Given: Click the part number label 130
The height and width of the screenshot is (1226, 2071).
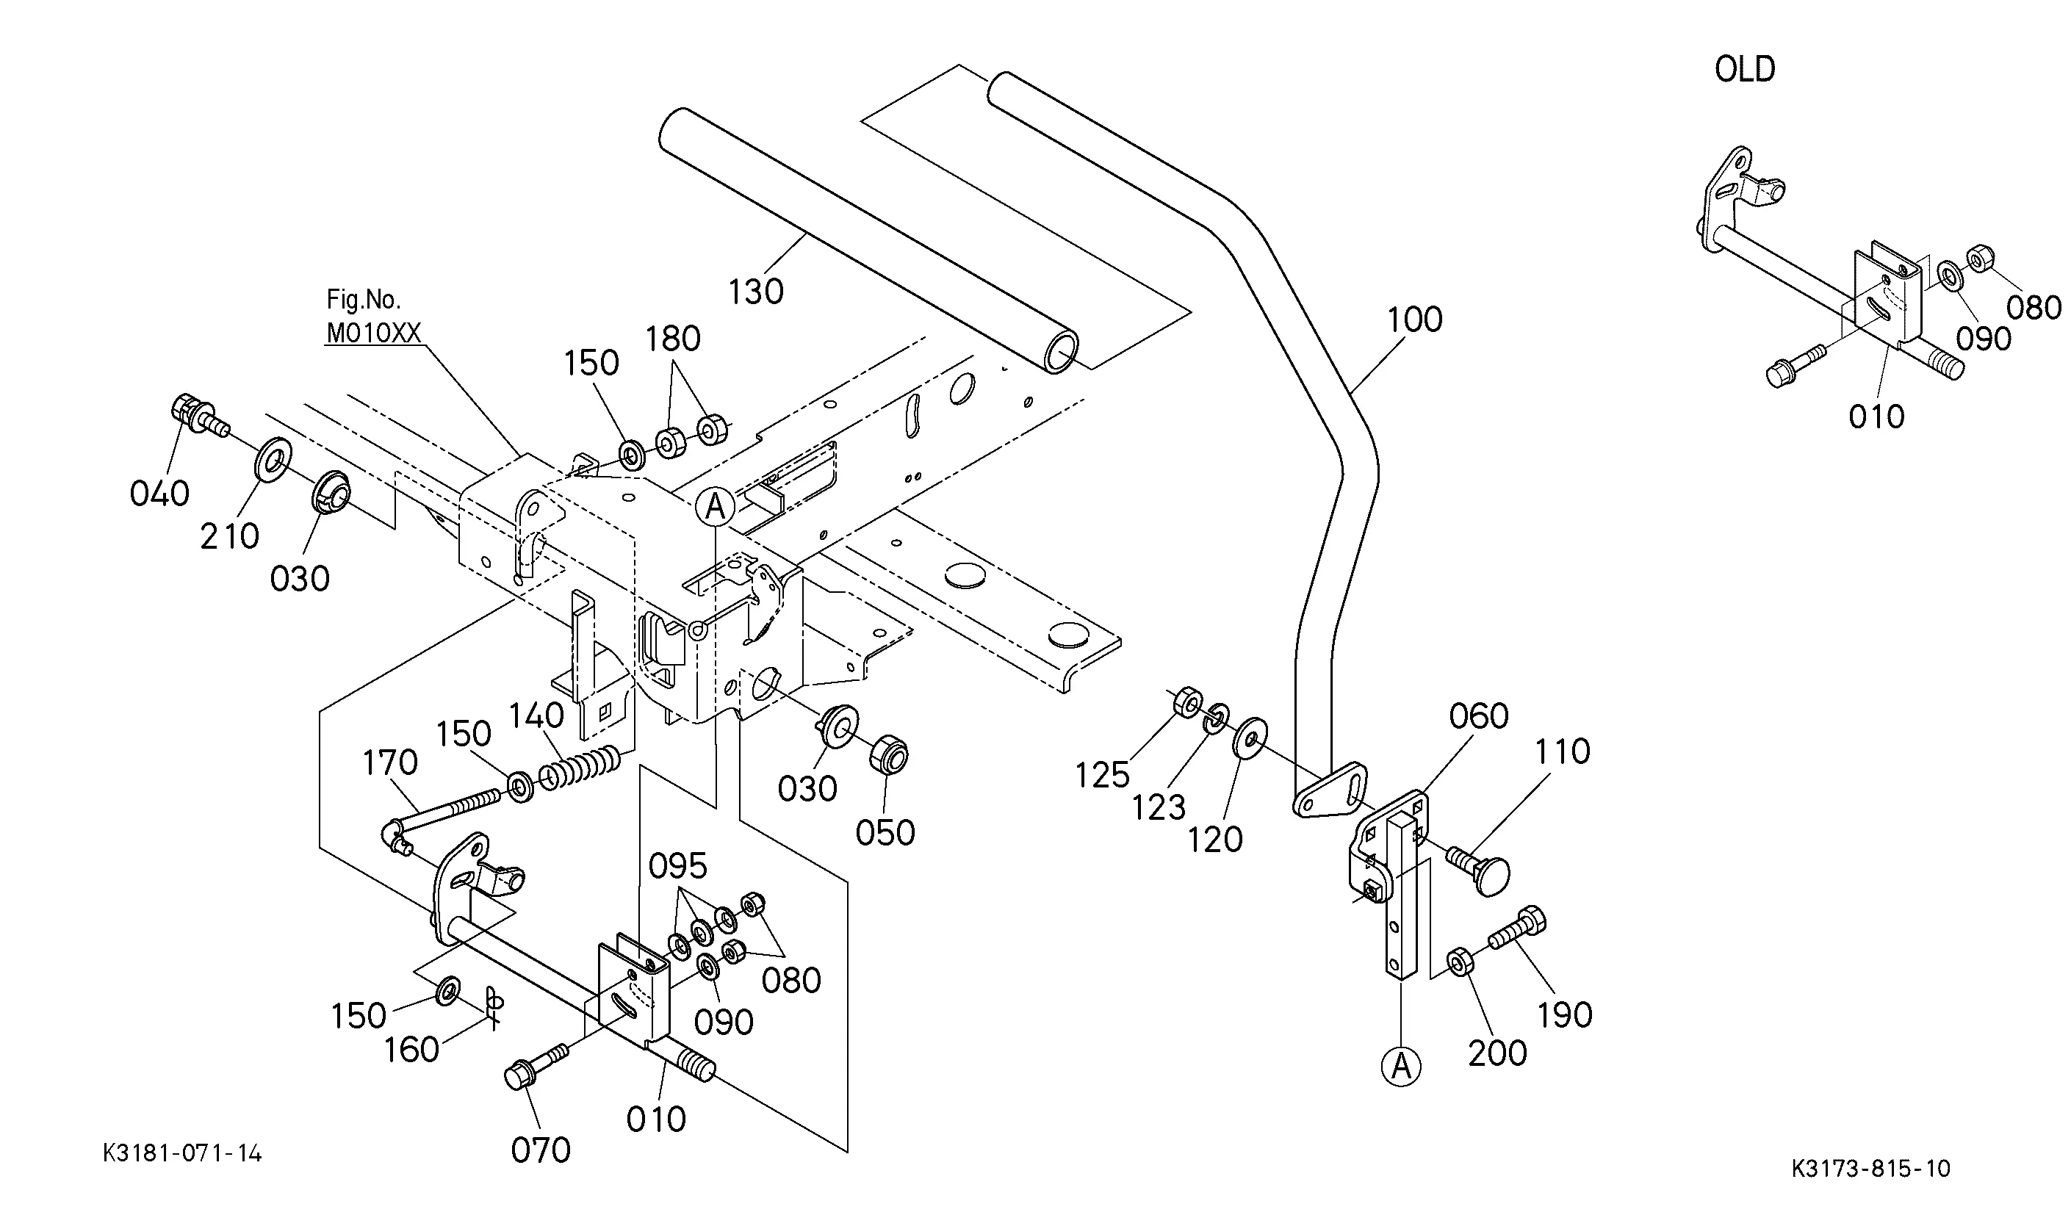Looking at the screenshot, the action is tap(756, 292).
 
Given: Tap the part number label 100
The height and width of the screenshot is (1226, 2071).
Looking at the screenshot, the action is tap(1414, 320).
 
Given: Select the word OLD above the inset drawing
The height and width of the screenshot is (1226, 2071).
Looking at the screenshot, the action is tap(1745, 69).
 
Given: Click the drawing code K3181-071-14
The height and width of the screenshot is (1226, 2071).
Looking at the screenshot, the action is tap(183, 1153).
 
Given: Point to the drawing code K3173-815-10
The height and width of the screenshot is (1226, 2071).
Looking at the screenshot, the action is tap(1871, 1168).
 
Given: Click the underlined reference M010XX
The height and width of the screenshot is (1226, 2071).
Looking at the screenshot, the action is tap(374, 333).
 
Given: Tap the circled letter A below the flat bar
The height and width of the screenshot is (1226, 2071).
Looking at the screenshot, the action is tap(1401, 1067).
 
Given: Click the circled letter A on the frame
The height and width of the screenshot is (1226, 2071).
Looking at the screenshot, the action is tap(716, 505).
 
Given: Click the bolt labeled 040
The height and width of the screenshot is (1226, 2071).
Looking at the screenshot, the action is tap(198, 416).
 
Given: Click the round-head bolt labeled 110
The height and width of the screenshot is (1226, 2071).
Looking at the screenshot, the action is tap(1479, 870).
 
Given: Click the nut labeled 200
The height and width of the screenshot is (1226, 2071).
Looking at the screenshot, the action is tap(1458, 962).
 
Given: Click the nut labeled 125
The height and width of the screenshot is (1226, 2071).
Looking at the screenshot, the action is tap(1187, 702).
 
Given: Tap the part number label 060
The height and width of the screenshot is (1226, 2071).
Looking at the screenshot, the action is tap(1479, 716).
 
